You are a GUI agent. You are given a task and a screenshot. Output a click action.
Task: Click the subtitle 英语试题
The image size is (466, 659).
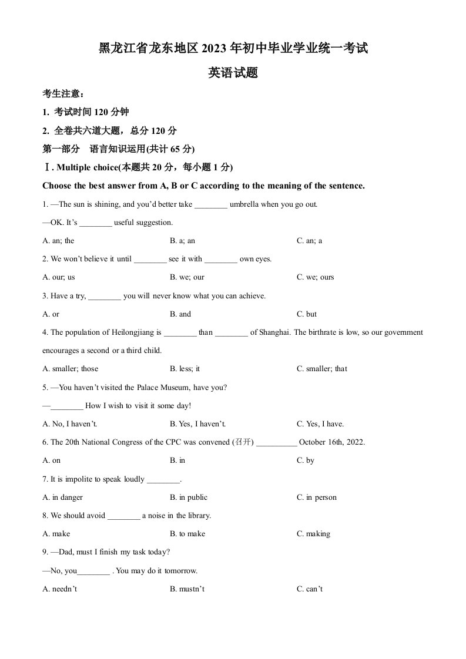click(x=233, y=73)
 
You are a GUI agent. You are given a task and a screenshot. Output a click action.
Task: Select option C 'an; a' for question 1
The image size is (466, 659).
click(x=310, y=241)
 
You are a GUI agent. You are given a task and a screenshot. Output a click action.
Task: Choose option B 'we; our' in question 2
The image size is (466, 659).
click(x=187, y=277)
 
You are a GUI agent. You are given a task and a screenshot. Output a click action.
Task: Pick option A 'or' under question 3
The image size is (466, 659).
click(x=51, y=314)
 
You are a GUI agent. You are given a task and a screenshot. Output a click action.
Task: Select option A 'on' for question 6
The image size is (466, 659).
click(x=52, y=460)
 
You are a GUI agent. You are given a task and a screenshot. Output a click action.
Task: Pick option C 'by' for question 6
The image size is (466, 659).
click(x=306, y=460)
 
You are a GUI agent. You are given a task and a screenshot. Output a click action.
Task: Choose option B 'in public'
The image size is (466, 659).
click(x=189, y=497)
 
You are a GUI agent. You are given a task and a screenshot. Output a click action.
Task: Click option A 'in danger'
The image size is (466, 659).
click(x=63, y=497)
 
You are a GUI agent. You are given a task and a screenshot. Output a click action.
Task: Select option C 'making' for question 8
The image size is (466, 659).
click(x=314, y=534)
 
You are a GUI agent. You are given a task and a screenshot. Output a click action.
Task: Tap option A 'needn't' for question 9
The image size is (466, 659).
click(x=60, y=589)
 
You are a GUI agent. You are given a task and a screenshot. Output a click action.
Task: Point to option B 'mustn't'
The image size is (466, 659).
click(x=187, y=589)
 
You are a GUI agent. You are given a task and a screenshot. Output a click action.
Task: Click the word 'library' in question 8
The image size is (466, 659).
click(x=197, y=516)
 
